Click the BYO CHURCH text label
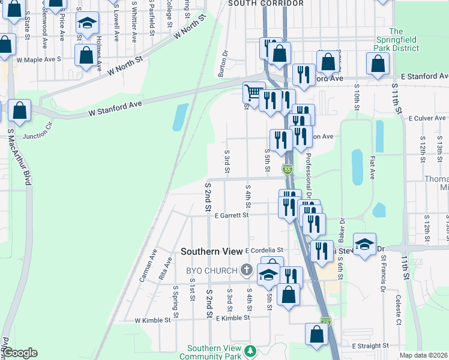point(212,271)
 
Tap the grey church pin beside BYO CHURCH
point(246,270)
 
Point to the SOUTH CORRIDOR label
point(266,4)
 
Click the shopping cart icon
point(254,93)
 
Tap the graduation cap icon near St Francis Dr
point(364,244)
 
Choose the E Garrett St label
point(231,215)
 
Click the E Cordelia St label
point(264,250)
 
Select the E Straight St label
point(370,346)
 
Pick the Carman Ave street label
point(148,266)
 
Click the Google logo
point(20,353)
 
